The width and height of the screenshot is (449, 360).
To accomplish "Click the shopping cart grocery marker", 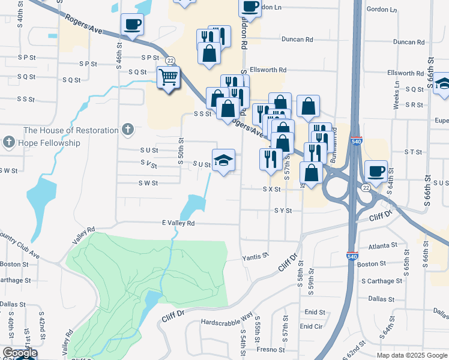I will [x=169, y=77].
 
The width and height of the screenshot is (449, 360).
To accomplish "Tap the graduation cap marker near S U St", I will [x=223, y=160].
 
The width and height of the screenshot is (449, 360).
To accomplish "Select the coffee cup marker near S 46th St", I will [x=132, y=25].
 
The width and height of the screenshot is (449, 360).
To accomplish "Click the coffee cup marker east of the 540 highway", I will [x=376, y=172].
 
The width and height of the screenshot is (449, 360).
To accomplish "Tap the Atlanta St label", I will [x=383, y=245].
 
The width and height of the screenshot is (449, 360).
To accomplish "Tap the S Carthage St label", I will [x=382, y=281].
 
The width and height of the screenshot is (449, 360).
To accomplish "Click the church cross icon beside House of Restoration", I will [x=127, y=129].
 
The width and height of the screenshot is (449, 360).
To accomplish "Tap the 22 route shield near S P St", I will [x=170, y=61].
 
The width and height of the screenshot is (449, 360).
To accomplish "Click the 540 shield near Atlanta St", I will [x=352, y=256].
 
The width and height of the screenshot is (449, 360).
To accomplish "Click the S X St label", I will [x=271, y=188].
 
